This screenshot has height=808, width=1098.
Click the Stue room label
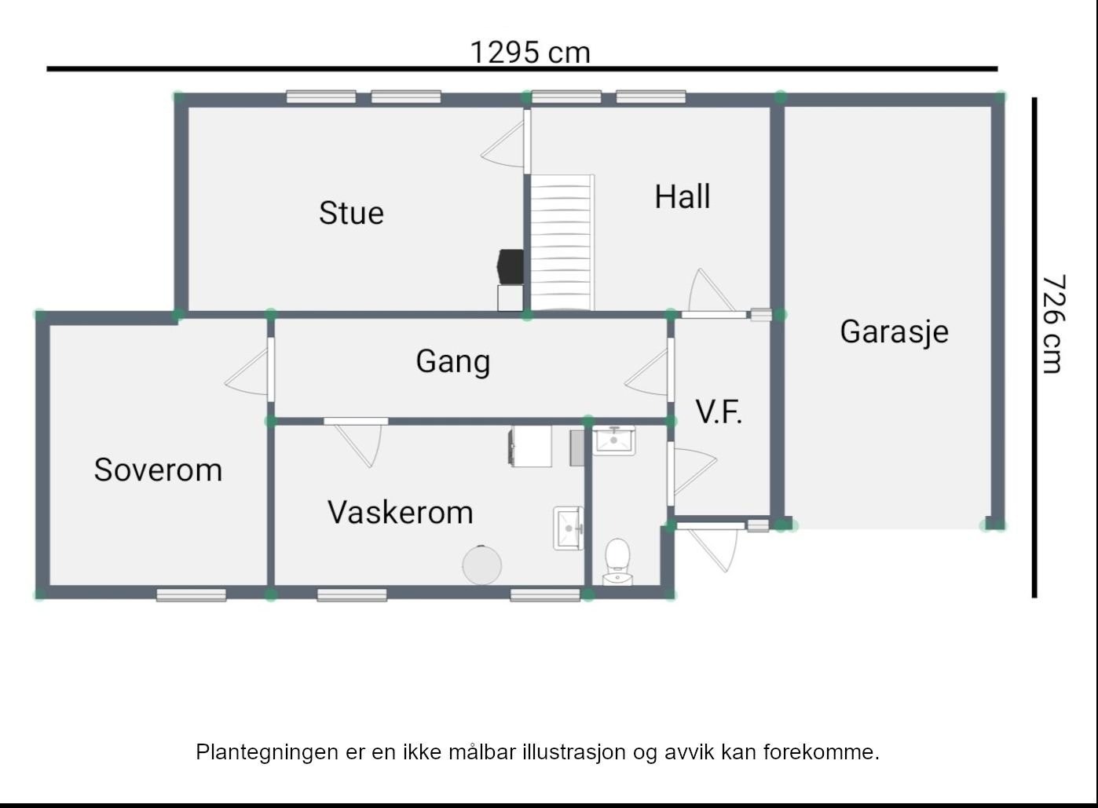click(351, 213)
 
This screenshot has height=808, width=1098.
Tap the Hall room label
click(683, 196)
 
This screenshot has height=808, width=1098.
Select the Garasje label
click(894, 331)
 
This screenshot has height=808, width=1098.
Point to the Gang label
click(452, 361)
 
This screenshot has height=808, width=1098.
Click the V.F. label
click(719, 411)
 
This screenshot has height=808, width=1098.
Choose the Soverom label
click(158, 470)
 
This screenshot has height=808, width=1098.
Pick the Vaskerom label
click(400, 512)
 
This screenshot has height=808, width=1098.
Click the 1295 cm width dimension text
click(529, 53)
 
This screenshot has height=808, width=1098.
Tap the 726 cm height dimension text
click(1053, 324)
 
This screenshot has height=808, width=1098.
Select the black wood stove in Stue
click(511, 266)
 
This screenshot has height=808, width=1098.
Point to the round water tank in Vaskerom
click(481, 565)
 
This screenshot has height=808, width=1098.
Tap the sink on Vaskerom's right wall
click(568, 528)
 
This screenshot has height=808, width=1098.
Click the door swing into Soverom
click(250, 371)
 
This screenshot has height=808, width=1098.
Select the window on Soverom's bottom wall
click(191, 595)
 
